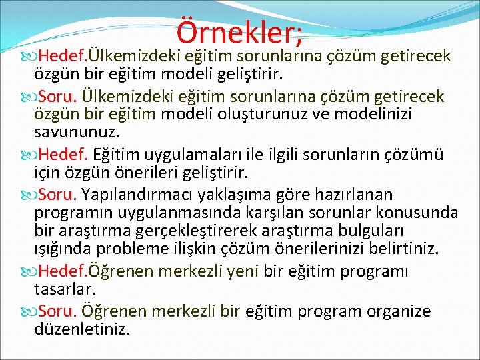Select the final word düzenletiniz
(82, 329)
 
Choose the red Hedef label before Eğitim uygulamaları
(63, 155)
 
